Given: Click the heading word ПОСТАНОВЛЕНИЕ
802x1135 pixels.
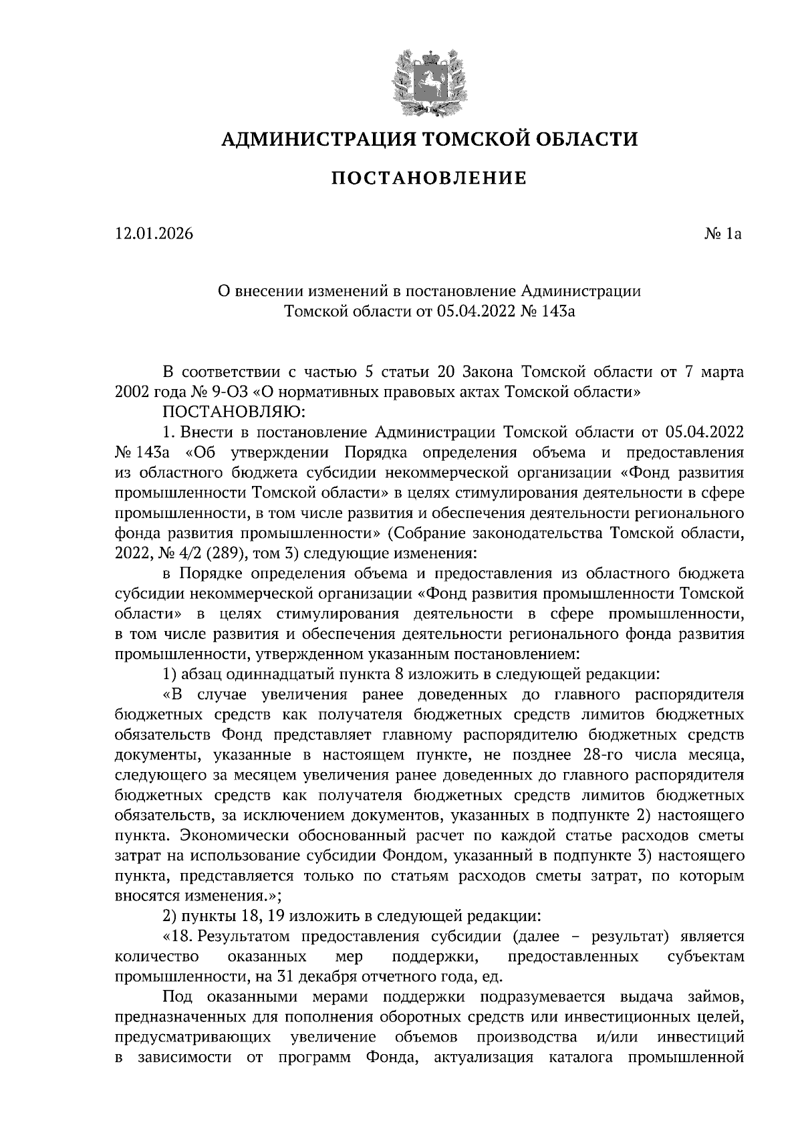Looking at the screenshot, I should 429,178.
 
